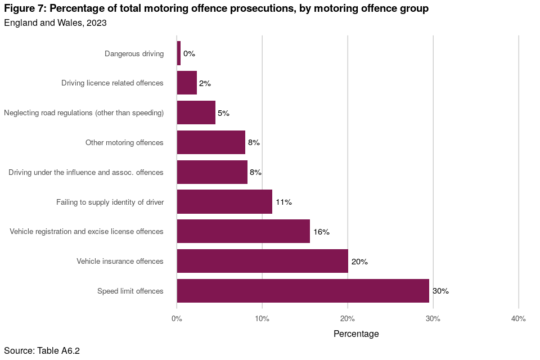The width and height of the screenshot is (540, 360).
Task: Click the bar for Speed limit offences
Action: (303, 291)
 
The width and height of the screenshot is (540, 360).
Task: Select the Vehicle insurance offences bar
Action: (262, 261)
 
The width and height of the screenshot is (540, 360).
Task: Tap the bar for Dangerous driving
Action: (179, 53)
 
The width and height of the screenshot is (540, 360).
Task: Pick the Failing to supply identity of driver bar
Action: (224, 202)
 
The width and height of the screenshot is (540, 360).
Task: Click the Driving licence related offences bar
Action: (187, 83)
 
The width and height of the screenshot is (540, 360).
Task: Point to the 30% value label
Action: (440, 291)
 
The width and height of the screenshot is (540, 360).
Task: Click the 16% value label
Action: (321, 232)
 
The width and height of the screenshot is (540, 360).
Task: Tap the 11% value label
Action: (283, 202)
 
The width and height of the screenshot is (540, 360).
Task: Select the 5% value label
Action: (223, 113)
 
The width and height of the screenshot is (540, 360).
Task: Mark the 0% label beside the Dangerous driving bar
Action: (189, 54)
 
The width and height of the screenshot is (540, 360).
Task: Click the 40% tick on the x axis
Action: (518, 319)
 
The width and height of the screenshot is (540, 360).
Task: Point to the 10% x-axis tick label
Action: (262, 319)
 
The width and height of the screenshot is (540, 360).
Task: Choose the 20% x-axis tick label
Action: (348, 319)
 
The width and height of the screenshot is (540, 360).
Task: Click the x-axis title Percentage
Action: (356, 334)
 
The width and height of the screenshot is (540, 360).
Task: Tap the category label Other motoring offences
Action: (124, 143)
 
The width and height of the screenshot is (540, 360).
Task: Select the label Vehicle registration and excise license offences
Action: (87, 232)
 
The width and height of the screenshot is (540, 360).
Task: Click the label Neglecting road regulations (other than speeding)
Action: (84, 113)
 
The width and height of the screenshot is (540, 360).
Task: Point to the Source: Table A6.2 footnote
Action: (42, 351)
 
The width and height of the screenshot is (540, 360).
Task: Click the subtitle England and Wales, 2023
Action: (55, 23)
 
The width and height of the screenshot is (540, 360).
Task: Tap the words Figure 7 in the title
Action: (25, 9)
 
